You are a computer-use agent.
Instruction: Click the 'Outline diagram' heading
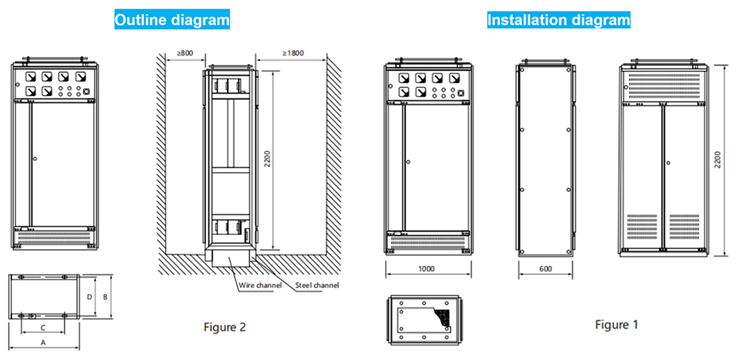tap(172, 20)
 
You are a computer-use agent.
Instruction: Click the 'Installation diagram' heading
tap(559, 20)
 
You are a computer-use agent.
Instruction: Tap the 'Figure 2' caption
tap(224, 328)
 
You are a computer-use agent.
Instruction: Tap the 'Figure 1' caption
tap(616, 325)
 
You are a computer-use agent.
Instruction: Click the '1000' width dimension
tap(426, 269)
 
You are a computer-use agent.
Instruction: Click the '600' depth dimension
tap(545, 269)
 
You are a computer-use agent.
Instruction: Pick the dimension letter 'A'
tap(44, 342)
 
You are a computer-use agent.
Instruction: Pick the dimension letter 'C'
tap(43, 327)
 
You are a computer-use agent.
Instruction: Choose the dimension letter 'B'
tap(105, 296)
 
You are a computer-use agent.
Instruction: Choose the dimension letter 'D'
tap(90, 296)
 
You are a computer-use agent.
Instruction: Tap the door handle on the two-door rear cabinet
tap(667, 163)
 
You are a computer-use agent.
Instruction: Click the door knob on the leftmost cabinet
tap(34, 159)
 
